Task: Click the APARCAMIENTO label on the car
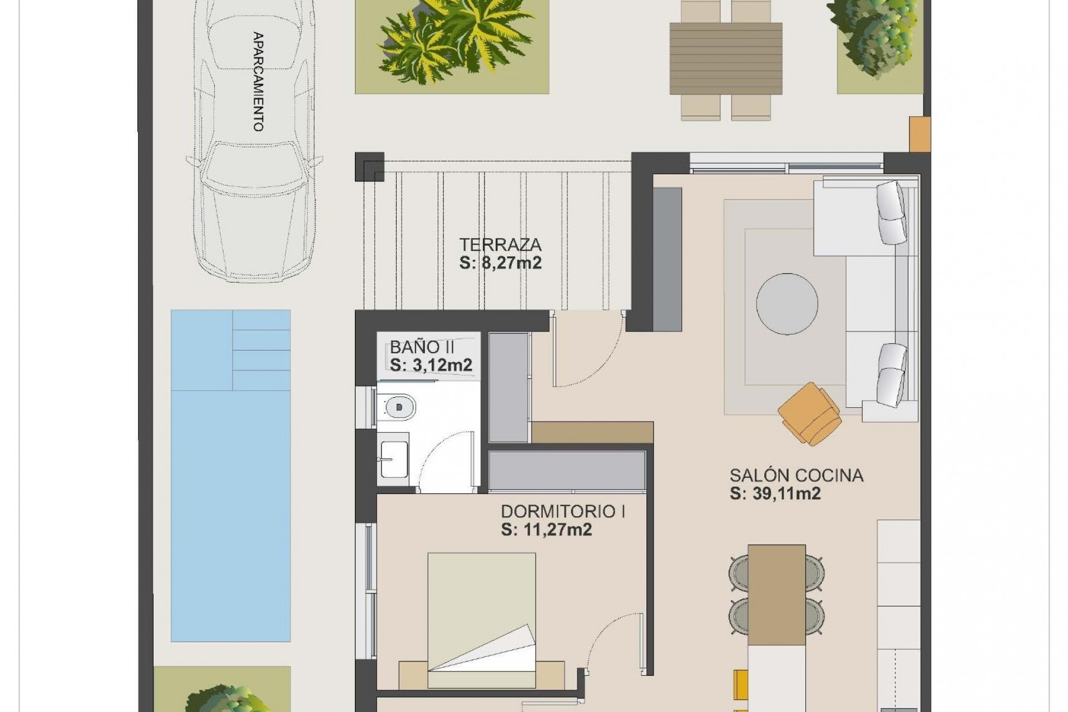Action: [258, 82]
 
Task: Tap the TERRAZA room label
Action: [500, 245]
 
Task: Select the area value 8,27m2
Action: [500, 263]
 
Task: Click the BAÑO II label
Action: [422, 347]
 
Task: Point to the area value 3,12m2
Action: [431, 365]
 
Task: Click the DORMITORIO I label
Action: [562, 511]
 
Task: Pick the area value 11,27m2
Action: [546, 530]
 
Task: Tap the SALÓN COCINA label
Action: [796, 475]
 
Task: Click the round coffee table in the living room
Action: [787, 304]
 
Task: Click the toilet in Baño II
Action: [396, 407]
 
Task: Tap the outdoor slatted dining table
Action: [726, 58]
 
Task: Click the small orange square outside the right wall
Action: [919, 133]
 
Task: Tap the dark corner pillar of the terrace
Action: [369, 166]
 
